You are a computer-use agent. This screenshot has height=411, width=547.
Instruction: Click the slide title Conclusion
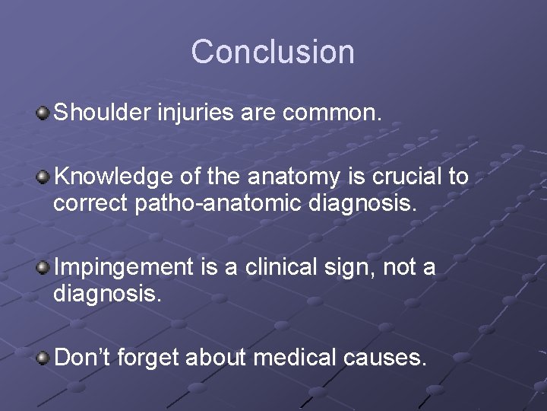point(273,52)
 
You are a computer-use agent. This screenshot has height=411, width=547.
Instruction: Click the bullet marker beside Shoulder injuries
point(43,113)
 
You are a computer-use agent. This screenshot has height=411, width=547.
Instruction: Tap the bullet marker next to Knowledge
point(43,177)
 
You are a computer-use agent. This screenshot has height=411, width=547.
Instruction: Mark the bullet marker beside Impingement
point(43,267)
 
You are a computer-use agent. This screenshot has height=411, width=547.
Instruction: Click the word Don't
point(81,356)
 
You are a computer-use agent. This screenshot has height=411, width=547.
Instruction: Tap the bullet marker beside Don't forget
point(43,357)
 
